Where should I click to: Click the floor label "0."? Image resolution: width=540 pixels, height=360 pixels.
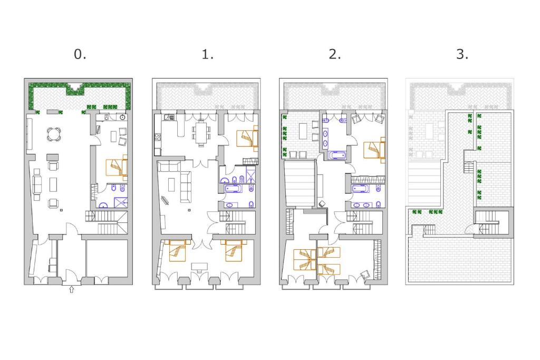click(80, 54)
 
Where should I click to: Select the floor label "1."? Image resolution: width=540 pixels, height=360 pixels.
click(208, 54)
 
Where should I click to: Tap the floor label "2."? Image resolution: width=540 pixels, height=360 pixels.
click(335, 54)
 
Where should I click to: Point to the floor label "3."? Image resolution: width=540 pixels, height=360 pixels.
click(462, 54)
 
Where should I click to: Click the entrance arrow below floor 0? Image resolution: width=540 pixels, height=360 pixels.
click(72, 289)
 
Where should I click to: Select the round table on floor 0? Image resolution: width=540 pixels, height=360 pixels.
click(54, 134)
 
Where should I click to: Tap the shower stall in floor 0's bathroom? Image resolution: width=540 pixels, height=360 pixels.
click(121, 202)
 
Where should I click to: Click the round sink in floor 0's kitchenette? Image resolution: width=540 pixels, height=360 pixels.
click(122, 118)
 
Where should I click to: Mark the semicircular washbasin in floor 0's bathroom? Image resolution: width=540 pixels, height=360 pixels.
click(103, 206)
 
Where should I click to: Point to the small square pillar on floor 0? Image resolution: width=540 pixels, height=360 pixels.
click(61, 210)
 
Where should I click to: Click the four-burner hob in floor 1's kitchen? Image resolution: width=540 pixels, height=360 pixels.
click(158, 137)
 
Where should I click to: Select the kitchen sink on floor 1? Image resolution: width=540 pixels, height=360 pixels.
click(169, 118)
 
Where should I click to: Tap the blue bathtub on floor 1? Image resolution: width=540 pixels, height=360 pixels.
click(234, 189)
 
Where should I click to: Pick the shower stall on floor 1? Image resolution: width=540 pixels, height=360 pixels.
click(250, 174)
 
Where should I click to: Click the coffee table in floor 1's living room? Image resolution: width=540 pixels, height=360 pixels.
click(171, 184)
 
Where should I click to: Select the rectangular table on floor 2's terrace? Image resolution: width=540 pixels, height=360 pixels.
click(303, 131)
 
